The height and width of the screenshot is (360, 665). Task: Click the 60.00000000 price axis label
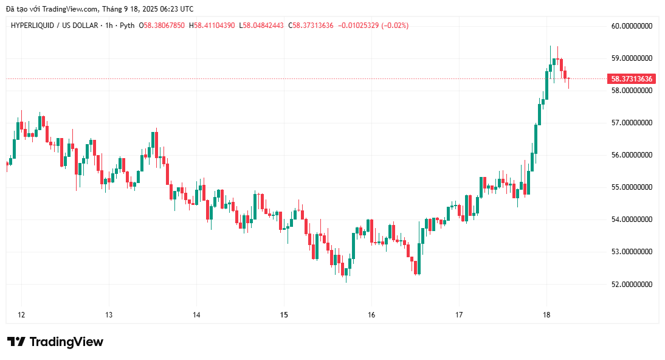coord(632,26)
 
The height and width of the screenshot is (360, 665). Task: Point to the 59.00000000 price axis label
coord(632,58)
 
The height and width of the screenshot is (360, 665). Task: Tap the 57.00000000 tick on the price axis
coord(632,123)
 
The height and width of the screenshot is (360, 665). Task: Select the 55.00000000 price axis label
coord(632,187)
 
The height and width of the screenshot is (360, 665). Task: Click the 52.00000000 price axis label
coord(632,284)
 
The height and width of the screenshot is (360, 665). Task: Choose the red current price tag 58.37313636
coord(632,79)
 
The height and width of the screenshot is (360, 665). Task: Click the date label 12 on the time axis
coord(21,315)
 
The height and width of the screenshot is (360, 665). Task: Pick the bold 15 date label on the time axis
coord(284,315)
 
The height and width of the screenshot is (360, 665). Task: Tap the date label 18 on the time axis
coord(546,315)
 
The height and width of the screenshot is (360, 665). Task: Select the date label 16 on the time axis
coord(371,315)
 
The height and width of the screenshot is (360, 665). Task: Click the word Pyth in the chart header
coord(127,26)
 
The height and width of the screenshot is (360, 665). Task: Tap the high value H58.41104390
coord(212,26)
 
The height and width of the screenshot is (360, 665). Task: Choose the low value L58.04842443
coord(261,26)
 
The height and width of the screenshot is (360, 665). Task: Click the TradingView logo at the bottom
coord(55,342)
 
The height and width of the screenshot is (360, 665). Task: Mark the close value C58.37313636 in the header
coord(311,26)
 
